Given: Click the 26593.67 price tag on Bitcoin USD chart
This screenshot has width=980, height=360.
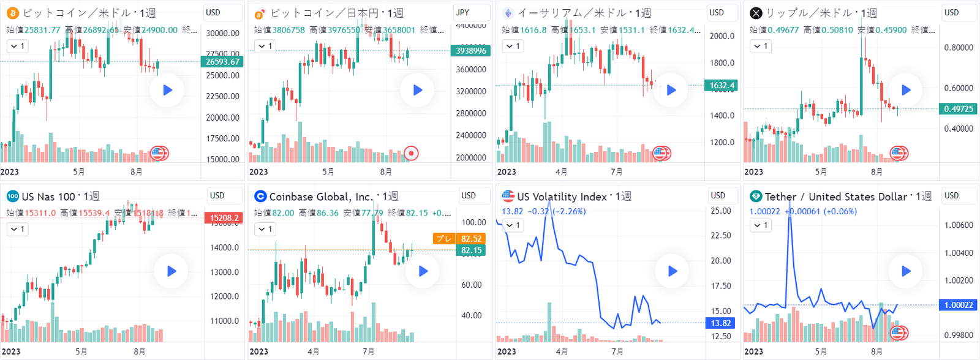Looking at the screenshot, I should [x=222, y=62].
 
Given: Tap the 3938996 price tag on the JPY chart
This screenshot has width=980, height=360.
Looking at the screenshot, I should [x=470, y=51].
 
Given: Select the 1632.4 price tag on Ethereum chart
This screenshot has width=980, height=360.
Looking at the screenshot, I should [x=722, y=86].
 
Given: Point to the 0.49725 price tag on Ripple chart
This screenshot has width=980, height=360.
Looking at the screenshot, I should [x=958, y=109].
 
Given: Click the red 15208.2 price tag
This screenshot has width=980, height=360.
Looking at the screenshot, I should [x=224, y=218].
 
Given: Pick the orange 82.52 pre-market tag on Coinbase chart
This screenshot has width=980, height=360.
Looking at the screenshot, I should [x=471, y=239].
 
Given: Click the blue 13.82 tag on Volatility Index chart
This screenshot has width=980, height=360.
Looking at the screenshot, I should [x=720, y=323].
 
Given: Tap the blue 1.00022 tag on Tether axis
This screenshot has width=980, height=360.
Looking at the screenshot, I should [x=959, y=305].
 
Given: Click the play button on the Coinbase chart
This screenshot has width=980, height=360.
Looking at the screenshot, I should [x=423, y=271].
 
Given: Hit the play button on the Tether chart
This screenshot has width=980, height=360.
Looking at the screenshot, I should [x=906, y=271].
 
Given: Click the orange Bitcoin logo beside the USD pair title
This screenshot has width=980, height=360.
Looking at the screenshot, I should [x=12, y=13].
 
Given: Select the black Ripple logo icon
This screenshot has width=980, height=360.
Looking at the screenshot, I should [x=756, y=13].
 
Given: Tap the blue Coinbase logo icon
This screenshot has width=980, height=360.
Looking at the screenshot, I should [x=260, y=197].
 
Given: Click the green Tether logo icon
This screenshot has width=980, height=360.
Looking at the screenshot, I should [x=756, y=197].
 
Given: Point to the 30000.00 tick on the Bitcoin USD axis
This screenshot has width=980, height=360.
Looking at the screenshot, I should [x=222, y=34].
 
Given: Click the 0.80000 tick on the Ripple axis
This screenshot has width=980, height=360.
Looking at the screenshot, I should [x=959, y=48].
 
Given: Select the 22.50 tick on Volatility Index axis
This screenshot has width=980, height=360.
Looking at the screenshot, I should [x=720, y=236].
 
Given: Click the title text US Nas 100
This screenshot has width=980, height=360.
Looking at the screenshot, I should [x=48, y=197].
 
